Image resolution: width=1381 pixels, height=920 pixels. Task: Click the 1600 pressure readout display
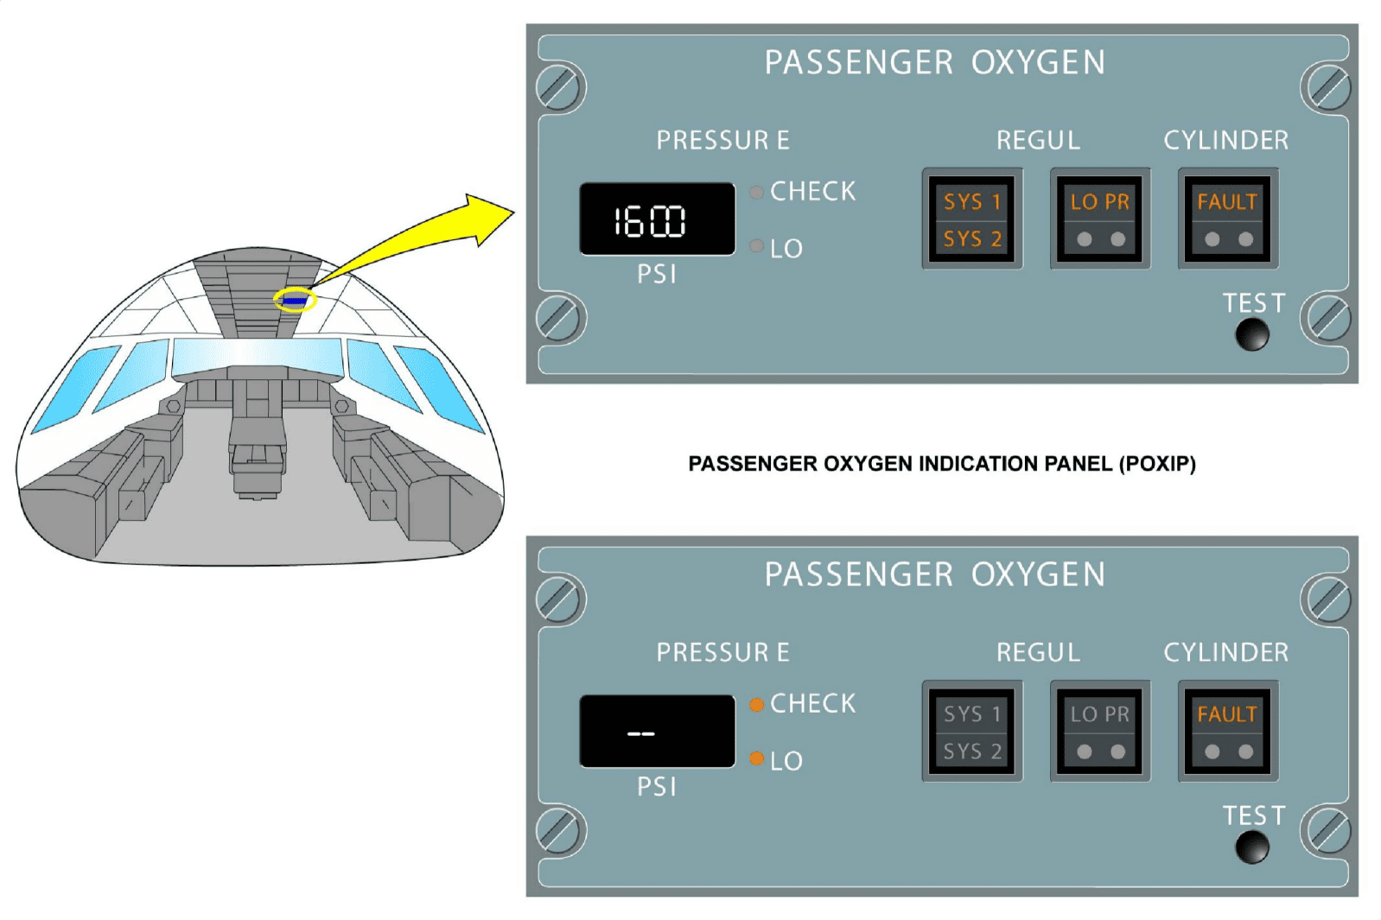pyautogui.click(x=657, y=219)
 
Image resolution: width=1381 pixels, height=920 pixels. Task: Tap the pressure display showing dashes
pyautogui.click(x=657, y=732)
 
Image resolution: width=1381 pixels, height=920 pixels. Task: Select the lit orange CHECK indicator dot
pyautogui.click(x=756, y=704)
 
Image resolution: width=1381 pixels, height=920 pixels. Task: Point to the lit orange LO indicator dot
pyautogui.click(x=756, y=759)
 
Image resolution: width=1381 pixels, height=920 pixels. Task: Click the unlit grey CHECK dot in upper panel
pyautogui.click(x=756, y=192)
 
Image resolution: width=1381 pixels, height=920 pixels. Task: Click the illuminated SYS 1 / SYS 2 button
pyautogui.click(x=972, y=219)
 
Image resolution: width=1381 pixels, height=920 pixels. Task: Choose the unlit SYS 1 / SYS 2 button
pyautogui.click(x=972, y=732)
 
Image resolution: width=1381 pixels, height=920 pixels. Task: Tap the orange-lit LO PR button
pyautogui.click(x=1099, y=219)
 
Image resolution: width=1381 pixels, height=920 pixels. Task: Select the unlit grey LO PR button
pyautogui.click(x=1099, y=732)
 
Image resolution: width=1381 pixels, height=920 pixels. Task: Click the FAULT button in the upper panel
pyautogui.click(x=1227, y=219)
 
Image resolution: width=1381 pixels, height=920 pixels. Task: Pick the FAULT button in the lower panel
pyautogui.click(x=1227, y=732)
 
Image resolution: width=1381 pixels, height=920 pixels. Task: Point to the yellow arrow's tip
pyautogui.click(x=512, y=212)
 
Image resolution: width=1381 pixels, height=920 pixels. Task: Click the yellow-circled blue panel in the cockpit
pyautogui.click(x=295, y=301)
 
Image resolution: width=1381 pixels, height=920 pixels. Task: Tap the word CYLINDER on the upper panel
pyautogui.click(x=1225, y=140)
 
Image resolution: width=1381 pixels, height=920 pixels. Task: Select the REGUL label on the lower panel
pyautogui.click(x=1038, y=652)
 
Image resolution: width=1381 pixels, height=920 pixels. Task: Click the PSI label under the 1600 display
pyautogui.click(x=656, y=275)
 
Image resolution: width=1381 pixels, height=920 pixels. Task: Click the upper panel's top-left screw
pyautogui.click(x=559, y=87)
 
